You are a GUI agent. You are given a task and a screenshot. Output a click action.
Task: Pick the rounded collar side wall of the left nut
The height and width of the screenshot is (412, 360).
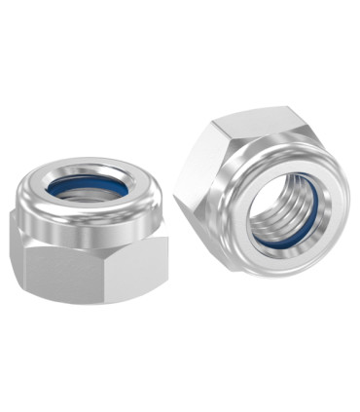click(88, 221)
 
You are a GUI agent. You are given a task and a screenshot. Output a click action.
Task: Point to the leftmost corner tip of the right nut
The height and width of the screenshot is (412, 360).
click(175, 191)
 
